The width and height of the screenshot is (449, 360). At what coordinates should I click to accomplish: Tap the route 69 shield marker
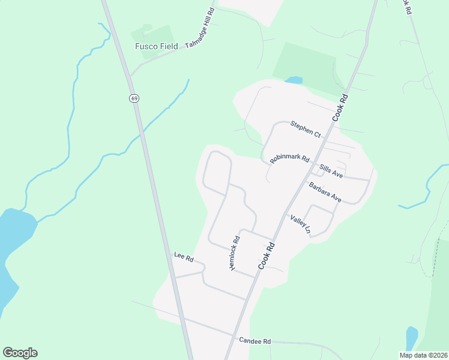tap(133, 98)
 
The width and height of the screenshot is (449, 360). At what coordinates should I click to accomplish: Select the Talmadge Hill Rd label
tap(200, 28)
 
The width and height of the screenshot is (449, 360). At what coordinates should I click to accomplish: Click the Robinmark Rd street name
tap(289, 160)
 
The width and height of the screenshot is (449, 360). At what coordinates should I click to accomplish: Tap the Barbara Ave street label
tap(325, 193)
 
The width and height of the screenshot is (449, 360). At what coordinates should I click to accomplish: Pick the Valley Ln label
tap(301, 224)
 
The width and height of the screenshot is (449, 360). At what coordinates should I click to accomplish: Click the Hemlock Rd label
tap(235, 252)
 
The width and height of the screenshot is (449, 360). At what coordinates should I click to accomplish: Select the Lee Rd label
tap(184, 258)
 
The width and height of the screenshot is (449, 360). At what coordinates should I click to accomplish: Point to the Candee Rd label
tap(255, 341)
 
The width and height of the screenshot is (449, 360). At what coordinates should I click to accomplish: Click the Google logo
tap(20, 353)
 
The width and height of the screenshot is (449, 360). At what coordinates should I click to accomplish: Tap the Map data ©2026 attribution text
tap(423, 355)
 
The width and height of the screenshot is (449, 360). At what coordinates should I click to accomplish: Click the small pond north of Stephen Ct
tap(294, 80)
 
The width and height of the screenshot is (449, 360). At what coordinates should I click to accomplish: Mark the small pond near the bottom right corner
tap(411, 337)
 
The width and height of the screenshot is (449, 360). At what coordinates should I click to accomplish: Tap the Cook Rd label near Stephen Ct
tap(339, 108)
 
